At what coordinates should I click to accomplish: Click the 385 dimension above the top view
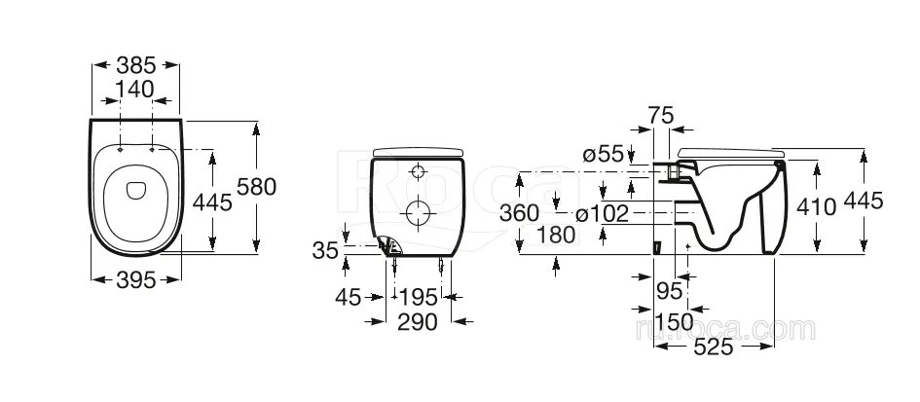pyautogui.click(x=136, y=64)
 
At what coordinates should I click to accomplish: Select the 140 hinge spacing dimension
pyautogui.click(x=134, y=90)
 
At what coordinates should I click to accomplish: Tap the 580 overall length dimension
pyautogui.click(x=256, y=187)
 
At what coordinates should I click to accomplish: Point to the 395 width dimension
pyautogui.click(x=136, y=280)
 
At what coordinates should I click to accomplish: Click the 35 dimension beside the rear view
pyautogui.click(x=325, y=250)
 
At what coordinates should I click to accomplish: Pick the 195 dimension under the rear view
pyautogui.click(x=419, y=298)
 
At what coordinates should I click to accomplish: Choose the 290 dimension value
pyautogui.click(x=418, y=322)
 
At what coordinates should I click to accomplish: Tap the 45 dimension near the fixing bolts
pyautogui.click(x=348, y=298)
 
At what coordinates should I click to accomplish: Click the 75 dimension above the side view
pyautogui.click(x=661, y=116)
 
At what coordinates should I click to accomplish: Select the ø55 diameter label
pyautogui.click(x=604, y=155)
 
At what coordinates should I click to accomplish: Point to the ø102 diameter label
pyautogui.click(x=602, y=213)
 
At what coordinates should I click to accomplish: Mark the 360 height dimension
pyautogui.click(x=519, y=213)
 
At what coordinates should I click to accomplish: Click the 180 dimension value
pyautogui.click(x=556, y=235)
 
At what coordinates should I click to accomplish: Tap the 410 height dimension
pyautogui.click(x=816, y=206)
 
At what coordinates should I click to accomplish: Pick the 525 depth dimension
pyautogui.click(x=714, y=347)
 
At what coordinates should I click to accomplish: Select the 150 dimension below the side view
pyautogui.click(x=674, y=322)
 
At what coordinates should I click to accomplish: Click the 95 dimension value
pyautogui.click(x=670, y=290)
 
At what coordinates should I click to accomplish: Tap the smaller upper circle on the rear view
pyautogui.click(x=418, y=172)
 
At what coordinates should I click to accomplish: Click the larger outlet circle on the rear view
pyautogui.click(x=419, y=212)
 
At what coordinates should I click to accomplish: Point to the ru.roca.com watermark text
pyautogui.click(x=725, y=329)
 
